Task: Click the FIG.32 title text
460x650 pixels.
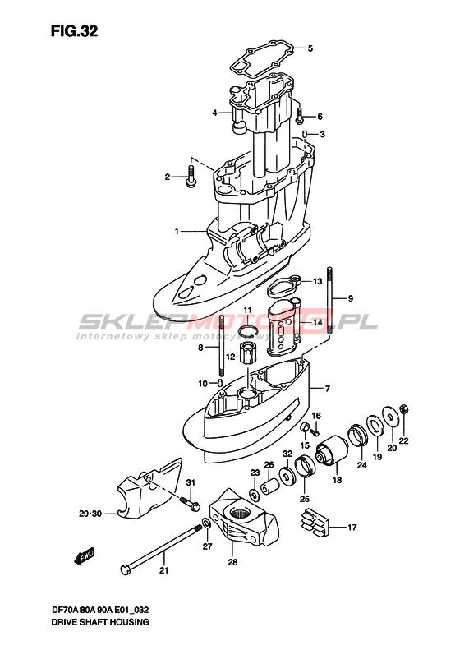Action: (x=74, y=31)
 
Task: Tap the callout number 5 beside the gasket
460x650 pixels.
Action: (x=310, y=48)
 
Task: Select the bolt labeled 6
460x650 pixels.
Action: (x=299, y=115)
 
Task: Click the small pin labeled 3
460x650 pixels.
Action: (x=305, y=134)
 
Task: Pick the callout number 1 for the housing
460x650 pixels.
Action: (x=177, y=231)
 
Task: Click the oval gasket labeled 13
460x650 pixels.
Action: (x=284, y=286)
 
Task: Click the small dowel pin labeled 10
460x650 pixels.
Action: (x=220, y=382)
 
